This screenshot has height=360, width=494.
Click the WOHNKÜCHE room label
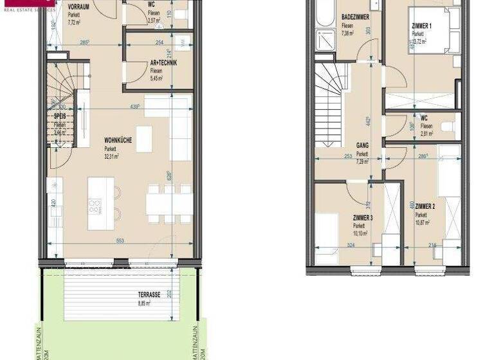118,139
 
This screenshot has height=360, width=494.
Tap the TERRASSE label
149,294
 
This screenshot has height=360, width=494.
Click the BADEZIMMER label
355,17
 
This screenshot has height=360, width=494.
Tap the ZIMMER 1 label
423,26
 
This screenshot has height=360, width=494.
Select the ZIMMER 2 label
425,207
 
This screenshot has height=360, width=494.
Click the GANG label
362,146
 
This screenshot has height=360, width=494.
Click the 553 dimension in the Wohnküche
120,240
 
